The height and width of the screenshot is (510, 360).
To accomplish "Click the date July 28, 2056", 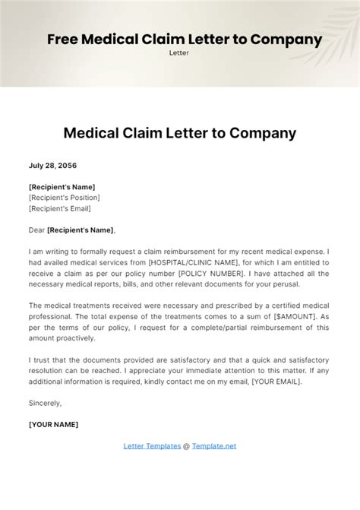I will coord(52,165).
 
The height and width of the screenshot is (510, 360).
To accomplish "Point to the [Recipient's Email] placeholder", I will coord(59,208).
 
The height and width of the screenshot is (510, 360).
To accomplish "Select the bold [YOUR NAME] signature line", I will coord(53,424).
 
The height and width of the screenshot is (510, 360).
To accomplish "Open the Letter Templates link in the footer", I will coord(151,445).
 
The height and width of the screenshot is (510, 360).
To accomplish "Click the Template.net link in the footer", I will coord(213,445).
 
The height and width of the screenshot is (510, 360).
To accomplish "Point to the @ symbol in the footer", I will coord(185,445).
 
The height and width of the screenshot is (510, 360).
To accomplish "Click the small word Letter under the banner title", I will coord(179,53).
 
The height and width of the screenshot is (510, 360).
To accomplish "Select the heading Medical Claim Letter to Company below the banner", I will coord(179,133).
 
